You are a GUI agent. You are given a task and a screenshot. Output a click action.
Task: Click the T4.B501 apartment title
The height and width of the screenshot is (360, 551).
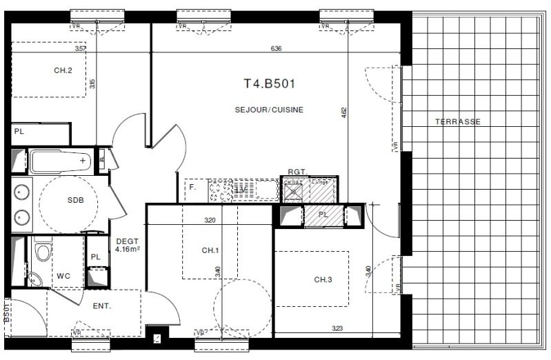pyautogui.click(x=270, y=84)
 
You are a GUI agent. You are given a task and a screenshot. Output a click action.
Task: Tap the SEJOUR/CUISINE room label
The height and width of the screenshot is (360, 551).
pyautogui.click(x=270, y=110)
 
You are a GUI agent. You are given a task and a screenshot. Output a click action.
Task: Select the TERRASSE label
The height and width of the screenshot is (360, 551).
pyautogui.click(x=457, y=121)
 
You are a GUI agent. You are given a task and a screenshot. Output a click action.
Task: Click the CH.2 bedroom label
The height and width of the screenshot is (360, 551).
pyautogui.click(x=63, y=70)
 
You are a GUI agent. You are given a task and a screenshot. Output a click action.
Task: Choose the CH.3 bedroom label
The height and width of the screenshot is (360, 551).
pyautogui.click(x=323, y=279)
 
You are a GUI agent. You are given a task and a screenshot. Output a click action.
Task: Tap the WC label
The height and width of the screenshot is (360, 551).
pyautogui.click(x=63, y=276)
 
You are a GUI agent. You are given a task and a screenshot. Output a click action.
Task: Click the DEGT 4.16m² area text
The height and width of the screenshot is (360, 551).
pyautogui.click(x=128, y=244)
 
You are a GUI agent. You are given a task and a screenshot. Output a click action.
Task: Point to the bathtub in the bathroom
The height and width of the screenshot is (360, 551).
pyautogui.click(x=61, y=161)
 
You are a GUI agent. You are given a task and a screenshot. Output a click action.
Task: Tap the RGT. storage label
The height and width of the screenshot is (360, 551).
pyautogui.click(x=297, y=172)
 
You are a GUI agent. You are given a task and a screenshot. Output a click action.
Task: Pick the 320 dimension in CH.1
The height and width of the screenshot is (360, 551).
pyautogui.click(x=210, y=221)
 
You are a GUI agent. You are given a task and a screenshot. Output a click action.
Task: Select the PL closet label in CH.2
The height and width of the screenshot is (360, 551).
pyautogui.click(x=19, y=131)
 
